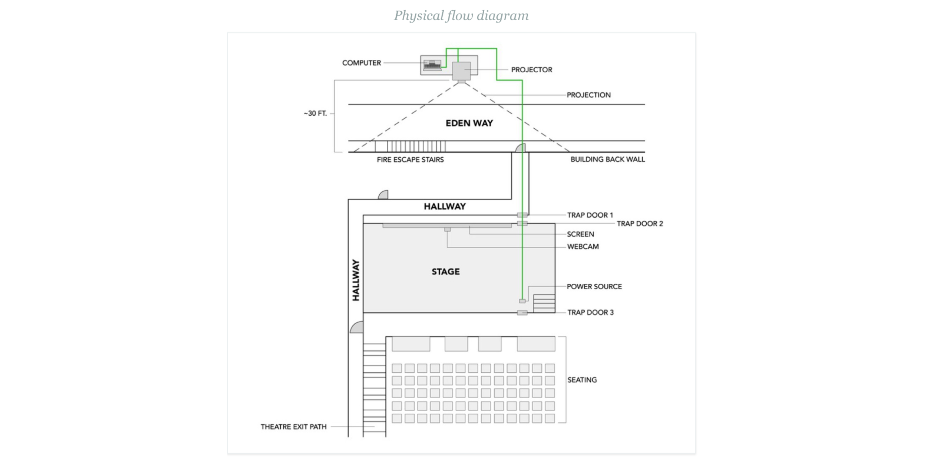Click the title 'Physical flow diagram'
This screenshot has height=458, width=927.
[461, 16]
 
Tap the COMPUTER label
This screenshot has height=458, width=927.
[361, 63]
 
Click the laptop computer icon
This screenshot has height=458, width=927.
[432, 65]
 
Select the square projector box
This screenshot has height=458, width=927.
[461, 71]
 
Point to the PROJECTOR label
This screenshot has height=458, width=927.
[531, 70]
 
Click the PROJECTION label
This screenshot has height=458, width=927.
[588, 95]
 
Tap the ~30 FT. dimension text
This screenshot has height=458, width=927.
[315, 113]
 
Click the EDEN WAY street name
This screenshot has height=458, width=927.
[469, 123]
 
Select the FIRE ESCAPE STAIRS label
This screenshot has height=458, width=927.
[410, 160]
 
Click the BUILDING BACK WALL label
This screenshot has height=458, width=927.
[607, 159]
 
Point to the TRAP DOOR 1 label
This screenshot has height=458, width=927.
[590, 215]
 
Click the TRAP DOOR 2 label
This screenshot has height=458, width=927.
[640, 224]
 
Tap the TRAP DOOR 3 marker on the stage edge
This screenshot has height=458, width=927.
[522, 313]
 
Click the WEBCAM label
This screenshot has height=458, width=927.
[583, 247]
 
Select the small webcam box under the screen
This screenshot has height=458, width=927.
[448, 230]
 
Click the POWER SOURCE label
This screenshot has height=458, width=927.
[594, 287]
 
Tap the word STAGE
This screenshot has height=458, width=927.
[445, 272]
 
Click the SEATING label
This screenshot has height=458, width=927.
[582, 380]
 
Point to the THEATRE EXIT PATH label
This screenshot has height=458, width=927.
[293, 427]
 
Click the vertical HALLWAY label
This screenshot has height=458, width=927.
[356, 280]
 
